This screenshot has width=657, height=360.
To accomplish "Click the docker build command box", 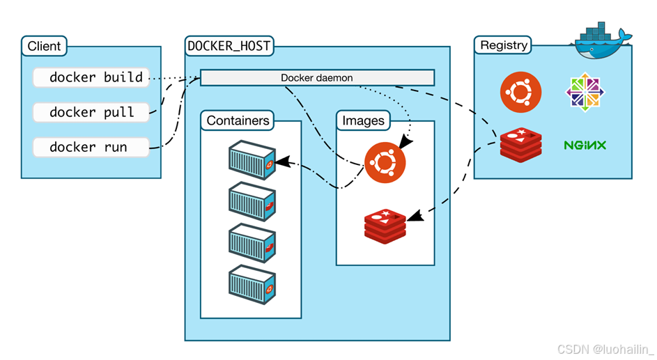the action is pyautogui.click(x=91, y=77).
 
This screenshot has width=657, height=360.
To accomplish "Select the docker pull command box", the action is pyautogui.click(x=91, y=112).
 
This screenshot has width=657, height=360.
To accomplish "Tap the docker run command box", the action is pyautogui.click(x=91, y=148).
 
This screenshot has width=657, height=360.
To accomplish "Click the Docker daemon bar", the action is pyautogui.click(x=317, y=78).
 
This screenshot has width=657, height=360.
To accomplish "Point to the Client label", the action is pyautogui.click(x=44, y=46).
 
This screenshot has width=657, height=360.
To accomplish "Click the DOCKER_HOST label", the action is pyautogui.click(x=229, y=46).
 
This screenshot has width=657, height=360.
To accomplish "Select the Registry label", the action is pyautogui.click(x=503, y=45).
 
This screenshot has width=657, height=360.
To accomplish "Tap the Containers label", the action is pyautogui.click(x=238, y=120).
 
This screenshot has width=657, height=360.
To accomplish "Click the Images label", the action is pyautogui.click(x=363, y=120).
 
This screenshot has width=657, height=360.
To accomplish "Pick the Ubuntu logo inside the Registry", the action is pyautogui.click(x=521, y=92).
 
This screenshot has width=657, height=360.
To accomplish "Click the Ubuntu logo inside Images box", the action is pyautogui.click(x=385, y=163).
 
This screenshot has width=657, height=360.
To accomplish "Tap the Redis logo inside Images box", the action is pyautogui.click(x=385, y=226).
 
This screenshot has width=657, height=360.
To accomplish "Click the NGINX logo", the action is pyautogui.click(x=585, y=146).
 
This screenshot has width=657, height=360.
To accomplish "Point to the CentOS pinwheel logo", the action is pyautogui.click(x=585, y=92).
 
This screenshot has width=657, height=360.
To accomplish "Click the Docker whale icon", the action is pyautogui.click(x=601, y=40).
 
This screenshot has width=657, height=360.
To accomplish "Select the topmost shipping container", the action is pyautogui.click(x=252, y=160).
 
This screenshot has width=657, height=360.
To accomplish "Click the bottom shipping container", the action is pyautogui.click(x=252, y=284).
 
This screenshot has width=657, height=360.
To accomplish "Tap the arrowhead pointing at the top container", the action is pyautogui.click(x=282, y=162).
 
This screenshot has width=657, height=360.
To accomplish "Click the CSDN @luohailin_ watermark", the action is pyautogui.click(x=605, y=349).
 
